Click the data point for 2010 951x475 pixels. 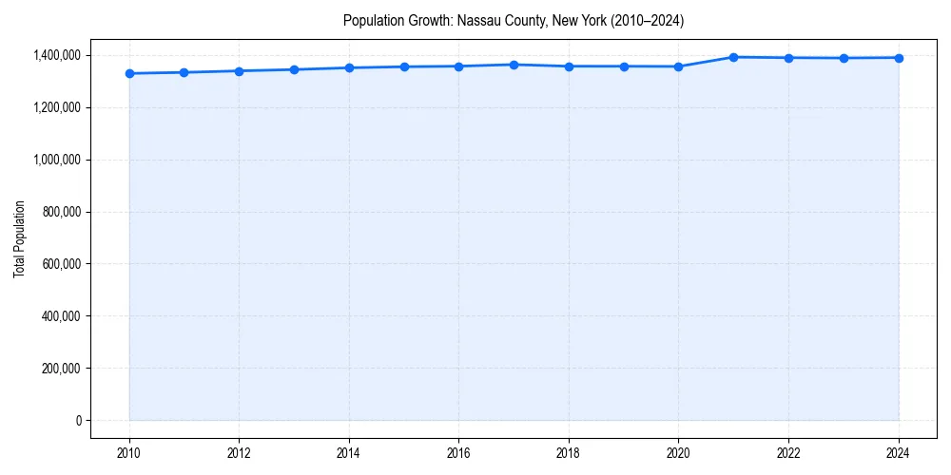click(129, 73)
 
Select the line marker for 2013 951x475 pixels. click(294, 69)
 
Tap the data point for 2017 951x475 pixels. click(514, 65)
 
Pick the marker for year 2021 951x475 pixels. click(733, 57)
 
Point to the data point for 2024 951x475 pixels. click(899, 58)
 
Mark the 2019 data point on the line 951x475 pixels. click(624, 66)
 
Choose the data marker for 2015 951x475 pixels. click(404, 66)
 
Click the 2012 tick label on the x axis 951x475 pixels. click(239, 453)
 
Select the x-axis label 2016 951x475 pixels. click(458, 453)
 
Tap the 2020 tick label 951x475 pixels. click(678, 453)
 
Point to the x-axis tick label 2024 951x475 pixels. click(899, 453)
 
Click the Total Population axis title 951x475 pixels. click(19, 238)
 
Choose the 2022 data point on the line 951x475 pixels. click(788, 58)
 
